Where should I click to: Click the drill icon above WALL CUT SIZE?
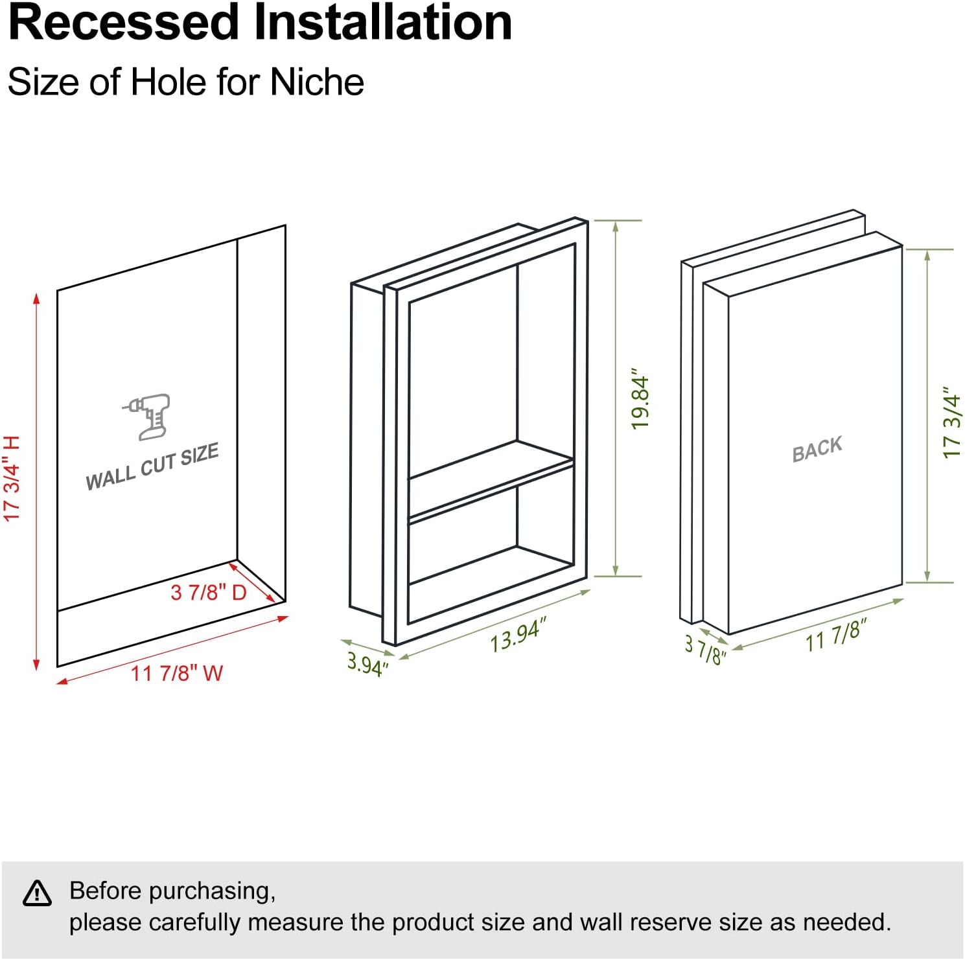click(x=148, y=416)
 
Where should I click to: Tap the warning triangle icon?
click(x=37, y=893)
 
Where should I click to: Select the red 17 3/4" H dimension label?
click(x=13, y=479)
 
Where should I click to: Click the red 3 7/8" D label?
click(x=209, y=592)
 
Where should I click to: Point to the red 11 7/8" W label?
click(x=177, y=674)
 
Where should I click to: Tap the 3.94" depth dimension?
click(x=367, y=663)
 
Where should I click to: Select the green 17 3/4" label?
click(x=951, y=423)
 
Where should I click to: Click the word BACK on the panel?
click(x=817, y=449)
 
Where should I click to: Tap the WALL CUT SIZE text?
click(x=152, y=468)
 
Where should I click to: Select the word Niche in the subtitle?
click(x=317, y=82)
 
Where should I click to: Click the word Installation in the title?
click(x=383, y=23)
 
